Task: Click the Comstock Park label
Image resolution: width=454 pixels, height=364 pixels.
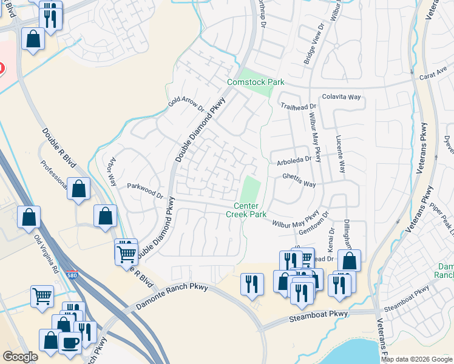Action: click(256, 82)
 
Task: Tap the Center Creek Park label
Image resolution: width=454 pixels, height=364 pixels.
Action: click(246, 210)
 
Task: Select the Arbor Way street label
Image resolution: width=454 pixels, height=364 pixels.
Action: click(112, 173)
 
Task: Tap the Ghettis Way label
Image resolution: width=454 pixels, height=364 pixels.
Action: click(299, 180)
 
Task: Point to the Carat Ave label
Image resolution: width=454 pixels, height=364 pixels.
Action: click(433, 78)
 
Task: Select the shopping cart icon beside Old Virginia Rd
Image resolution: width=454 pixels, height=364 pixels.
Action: click(42, 297)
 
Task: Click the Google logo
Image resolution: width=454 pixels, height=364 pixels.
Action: click(20, 357)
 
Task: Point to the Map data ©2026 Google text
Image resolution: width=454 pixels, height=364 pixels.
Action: click(416, 359)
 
